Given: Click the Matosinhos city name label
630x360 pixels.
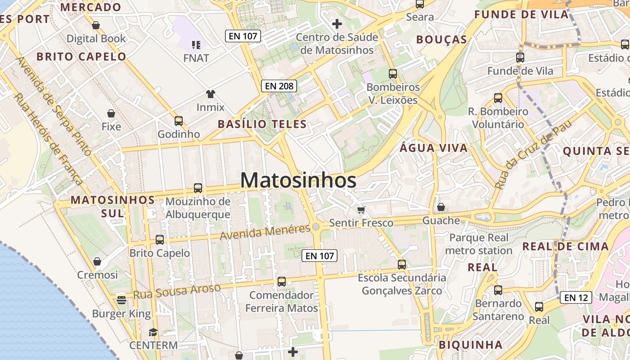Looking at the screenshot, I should click(x=298, y=180).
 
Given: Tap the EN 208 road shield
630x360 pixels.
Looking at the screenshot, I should click(x=279, y=85).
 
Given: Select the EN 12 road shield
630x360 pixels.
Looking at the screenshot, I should click(x=576, y=297).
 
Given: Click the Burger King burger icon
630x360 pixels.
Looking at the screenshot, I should click(x=121, y=300).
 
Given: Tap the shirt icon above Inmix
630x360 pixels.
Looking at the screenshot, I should click(x=210, y=94).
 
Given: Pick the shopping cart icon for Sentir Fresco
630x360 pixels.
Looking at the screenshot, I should click(x=361, y=210).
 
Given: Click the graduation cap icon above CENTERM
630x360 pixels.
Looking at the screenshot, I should click(x=153, y=332).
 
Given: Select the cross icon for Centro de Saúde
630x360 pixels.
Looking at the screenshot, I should click(x=337, y=24).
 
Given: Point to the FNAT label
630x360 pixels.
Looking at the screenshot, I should click(x=196, y=58).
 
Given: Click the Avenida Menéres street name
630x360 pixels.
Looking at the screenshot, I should click(x=265, y=231).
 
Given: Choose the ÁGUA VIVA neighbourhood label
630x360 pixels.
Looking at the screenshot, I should click(x=434, y=148).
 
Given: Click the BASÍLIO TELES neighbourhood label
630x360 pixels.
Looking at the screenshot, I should click(x=262, y=124).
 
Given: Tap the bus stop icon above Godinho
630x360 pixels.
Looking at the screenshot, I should click(x=179, y=121).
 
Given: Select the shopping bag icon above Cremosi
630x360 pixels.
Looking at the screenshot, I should click(x=97, y=261).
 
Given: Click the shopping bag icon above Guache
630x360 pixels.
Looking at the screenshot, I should click(x=441, y=207).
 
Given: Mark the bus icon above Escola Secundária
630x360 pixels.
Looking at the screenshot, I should click(x=402, y=265).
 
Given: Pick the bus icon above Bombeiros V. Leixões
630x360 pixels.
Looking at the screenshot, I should click(x=393, y=74).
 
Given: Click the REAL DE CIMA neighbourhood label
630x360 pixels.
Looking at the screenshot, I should click(x=565, y=247).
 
